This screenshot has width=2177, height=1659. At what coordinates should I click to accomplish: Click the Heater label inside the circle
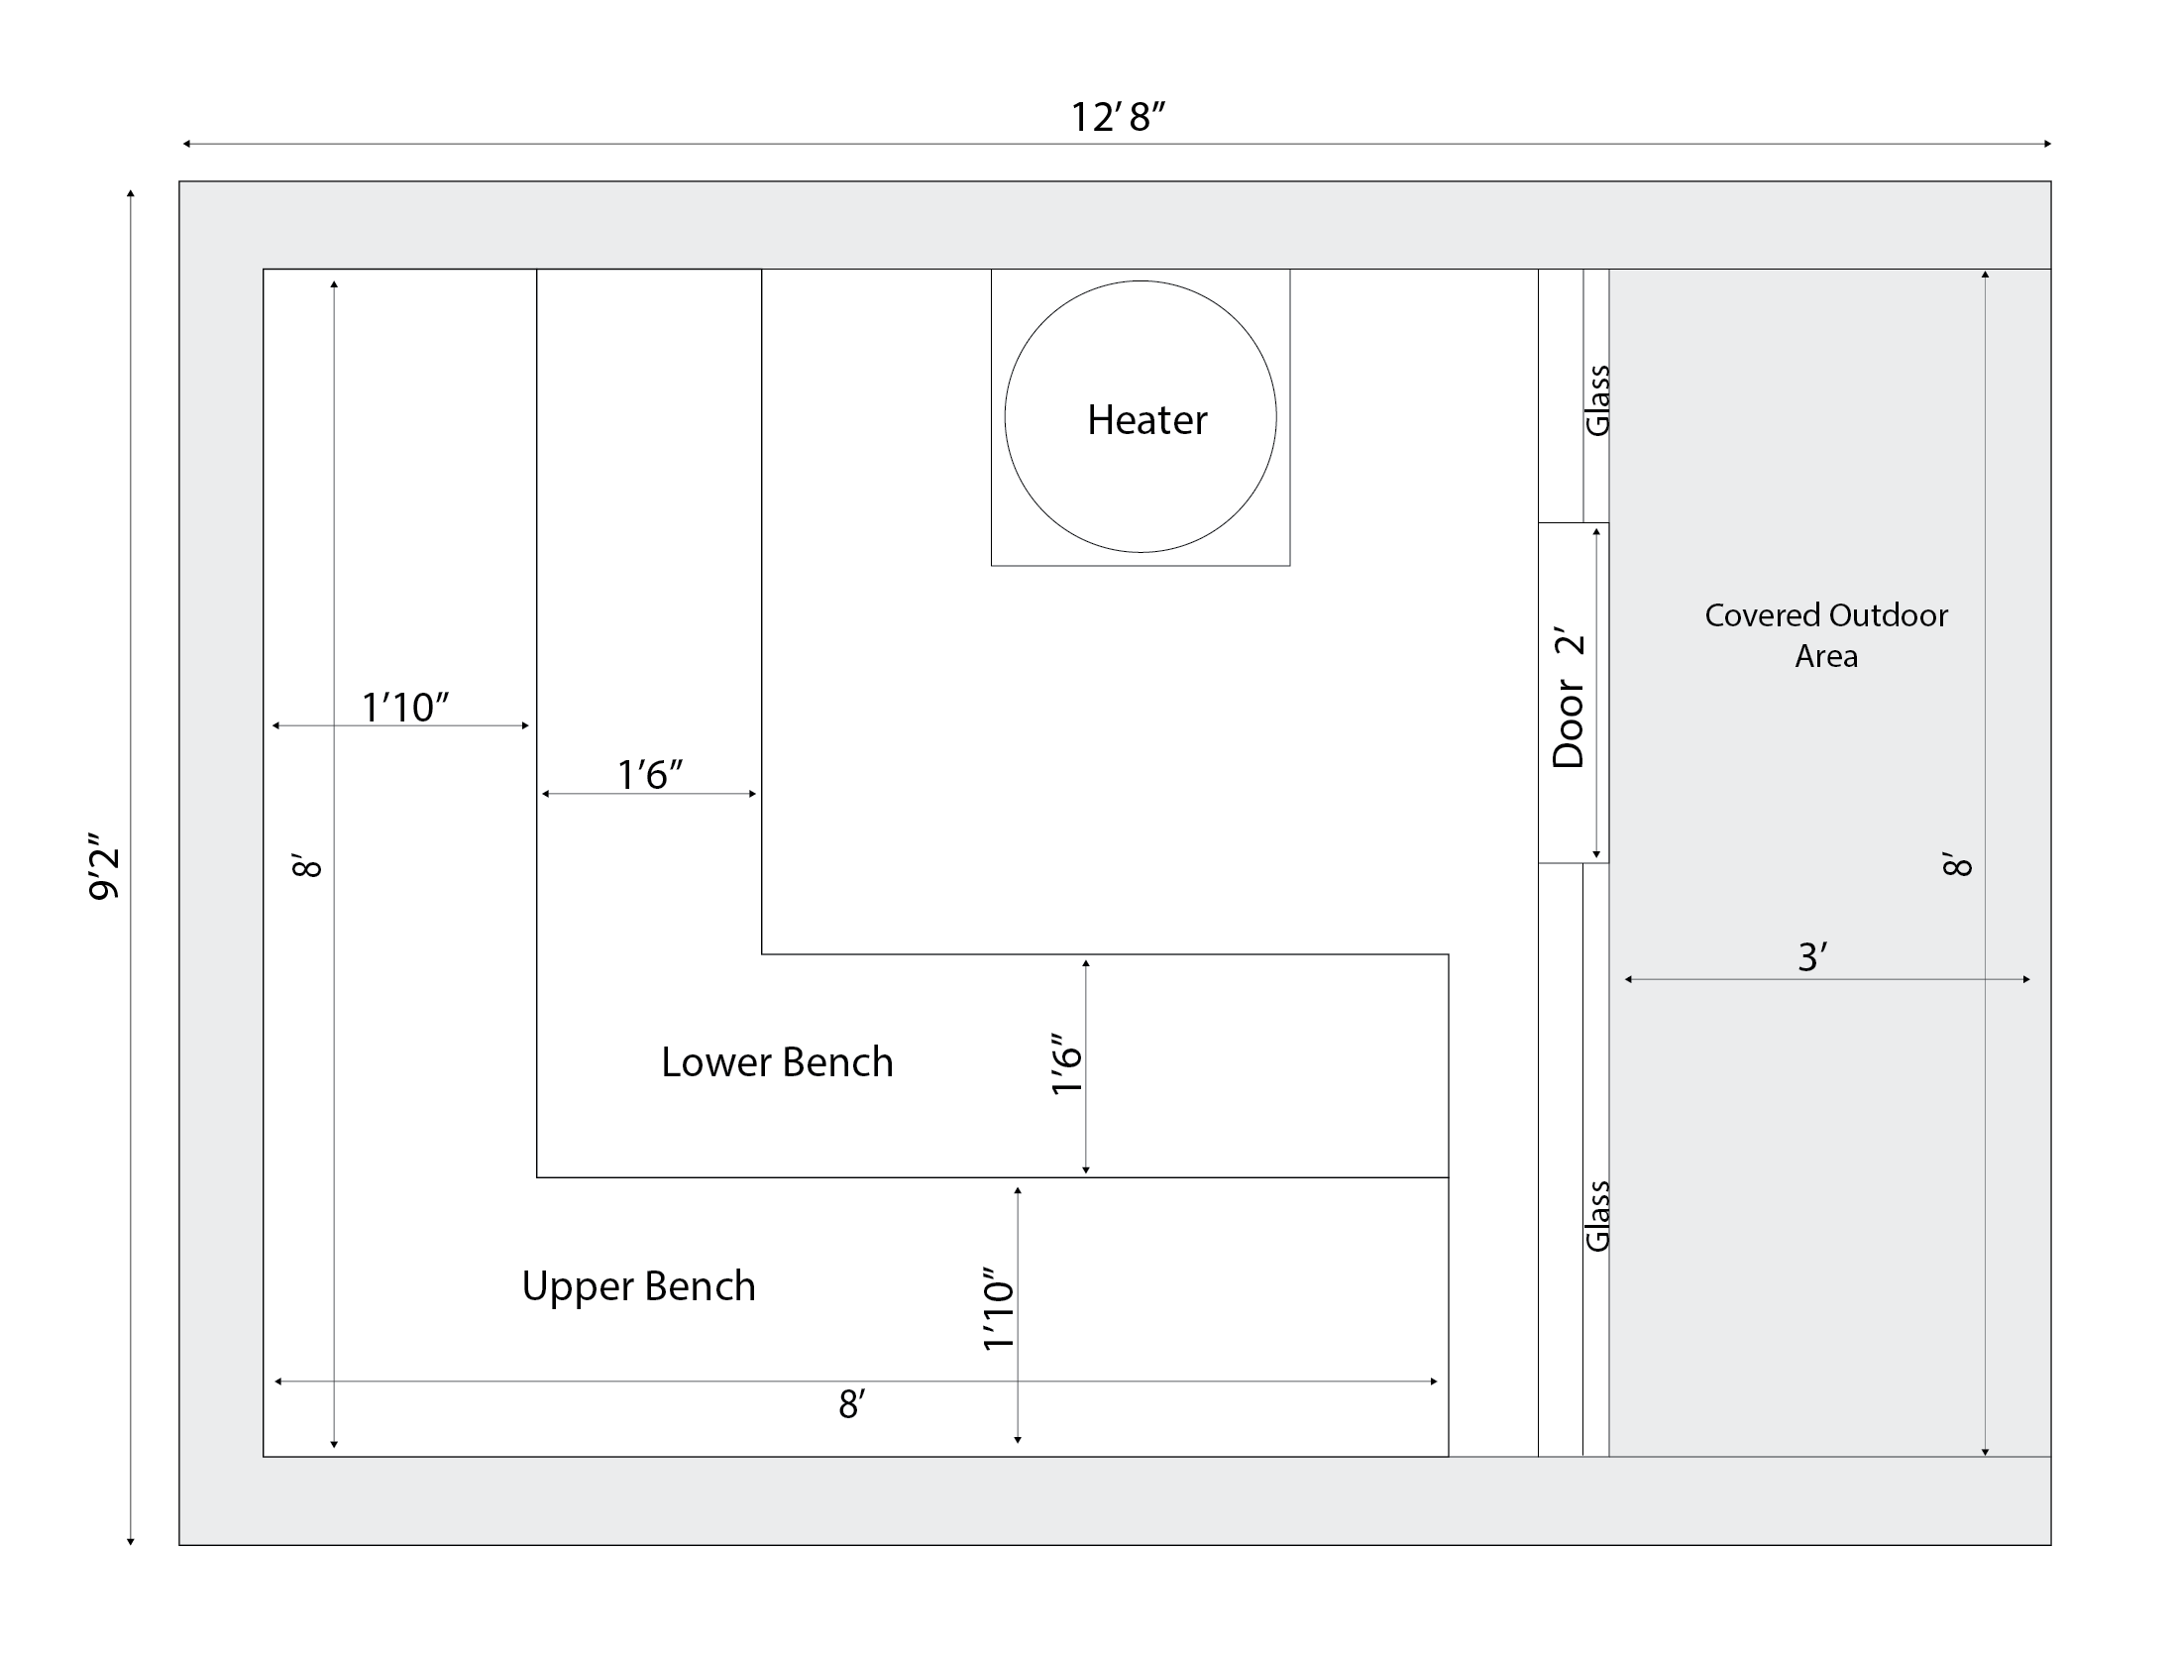pos(1146,420)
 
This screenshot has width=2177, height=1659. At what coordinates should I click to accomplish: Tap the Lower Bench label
pos(777,1062)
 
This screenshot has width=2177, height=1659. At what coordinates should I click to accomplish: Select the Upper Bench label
pos(638,1286)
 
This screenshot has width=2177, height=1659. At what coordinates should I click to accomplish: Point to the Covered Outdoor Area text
pos(1826,635)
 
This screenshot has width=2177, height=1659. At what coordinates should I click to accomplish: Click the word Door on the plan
pos(1569,724)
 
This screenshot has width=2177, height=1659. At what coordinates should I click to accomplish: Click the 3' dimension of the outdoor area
pos(1811,957)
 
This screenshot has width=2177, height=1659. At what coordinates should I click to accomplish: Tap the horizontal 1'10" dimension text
pos(404,708)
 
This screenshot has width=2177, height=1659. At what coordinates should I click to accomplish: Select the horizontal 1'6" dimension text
pos(650,775)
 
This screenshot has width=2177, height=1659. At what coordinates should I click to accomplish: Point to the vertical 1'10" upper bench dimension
pos(998,1309)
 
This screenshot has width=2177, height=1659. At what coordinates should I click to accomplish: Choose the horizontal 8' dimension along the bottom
pos(851,1404)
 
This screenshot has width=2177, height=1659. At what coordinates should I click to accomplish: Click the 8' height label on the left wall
pos(308,864)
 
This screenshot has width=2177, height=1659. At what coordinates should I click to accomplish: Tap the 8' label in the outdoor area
pos(1958,864)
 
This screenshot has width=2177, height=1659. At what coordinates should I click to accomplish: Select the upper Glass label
pos(1597,401)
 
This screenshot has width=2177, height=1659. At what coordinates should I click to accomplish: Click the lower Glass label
pos(1597,1216)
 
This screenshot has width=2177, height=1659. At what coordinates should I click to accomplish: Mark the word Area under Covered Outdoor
pos(1826,656)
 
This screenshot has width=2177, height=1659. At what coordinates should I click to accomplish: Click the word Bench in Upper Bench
pos(700,1286)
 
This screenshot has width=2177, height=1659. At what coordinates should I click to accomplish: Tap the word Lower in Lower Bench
pos(715,1062)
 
